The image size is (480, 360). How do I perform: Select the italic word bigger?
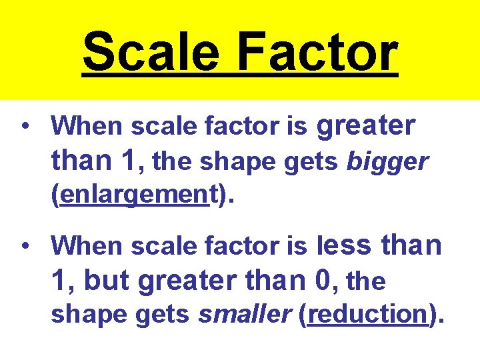(x=387, y=162)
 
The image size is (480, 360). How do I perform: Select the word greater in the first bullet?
(x=366, y=125)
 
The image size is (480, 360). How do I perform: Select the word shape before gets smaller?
(x=81, y=314)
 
